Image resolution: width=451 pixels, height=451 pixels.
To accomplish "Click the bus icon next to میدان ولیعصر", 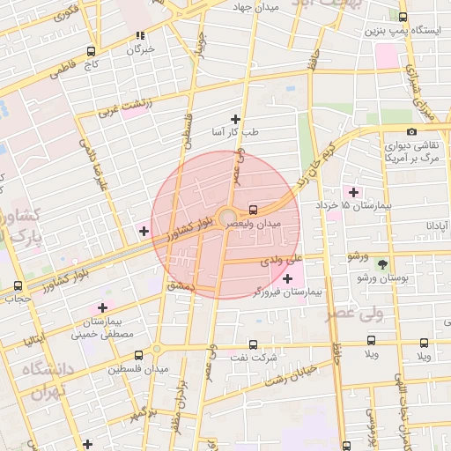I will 254,210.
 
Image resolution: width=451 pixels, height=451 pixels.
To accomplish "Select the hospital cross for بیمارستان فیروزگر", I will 287,278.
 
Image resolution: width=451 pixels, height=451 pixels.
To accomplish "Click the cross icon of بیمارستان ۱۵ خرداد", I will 353,192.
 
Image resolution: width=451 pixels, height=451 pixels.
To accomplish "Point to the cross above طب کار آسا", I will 235,119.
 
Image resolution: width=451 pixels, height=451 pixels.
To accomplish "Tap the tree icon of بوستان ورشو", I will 381,264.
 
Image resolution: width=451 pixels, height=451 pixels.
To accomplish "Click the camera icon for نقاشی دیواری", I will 412,132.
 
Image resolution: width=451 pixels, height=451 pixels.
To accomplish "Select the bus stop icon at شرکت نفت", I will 254,344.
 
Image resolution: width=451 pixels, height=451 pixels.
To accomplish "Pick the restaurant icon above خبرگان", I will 139,36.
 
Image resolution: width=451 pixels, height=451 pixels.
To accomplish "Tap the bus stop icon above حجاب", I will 18,285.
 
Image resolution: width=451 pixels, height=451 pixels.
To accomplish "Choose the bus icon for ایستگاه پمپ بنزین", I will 403,17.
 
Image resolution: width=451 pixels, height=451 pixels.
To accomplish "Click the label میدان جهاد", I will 255,8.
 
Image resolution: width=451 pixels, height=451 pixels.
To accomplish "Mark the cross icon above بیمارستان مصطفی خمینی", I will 102,307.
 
